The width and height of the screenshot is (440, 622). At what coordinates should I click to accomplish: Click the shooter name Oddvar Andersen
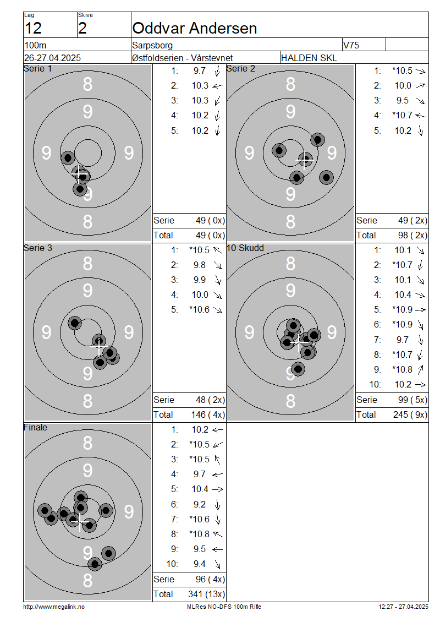tap(195, 28)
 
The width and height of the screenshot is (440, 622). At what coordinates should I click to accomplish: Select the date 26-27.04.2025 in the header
tap(52, 58)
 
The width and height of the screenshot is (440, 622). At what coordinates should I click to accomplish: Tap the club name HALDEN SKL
tap(309, 58)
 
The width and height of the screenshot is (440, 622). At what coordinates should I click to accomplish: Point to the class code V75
tap(351, 45)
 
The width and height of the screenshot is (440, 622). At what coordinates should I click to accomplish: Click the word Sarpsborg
tap(152, 45)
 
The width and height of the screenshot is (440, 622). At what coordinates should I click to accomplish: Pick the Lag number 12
tap(33, 28)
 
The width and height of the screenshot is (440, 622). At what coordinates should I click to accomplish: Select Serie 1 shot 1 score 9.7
tap(200, 70)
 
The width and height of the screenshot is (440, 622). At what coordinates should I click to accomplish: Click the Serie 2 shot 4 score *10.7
tap(403, 116)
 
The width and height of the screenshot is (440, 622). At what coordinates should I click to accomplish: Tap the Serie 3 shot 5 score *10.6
tap(200, 309)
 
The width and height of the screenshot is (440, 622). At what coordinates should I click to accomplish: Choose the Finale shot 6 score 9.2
tap(200, 504)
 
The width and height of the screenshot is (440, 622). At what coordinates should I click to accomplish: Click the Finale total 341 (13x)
tap(206, 594)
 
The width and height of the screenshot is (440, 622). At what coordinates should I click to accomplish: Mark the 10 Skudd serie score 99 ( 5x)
tap(413, 400)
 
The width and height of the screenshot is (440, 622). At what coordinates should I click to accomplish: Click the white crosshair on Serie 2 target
tap(305, 160)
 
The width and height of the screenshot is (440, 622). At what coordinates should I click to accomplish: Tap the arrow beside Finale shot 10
tap(217, 564)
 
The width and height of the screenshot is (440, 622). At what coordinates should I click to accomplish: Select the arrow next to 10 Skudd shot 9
tap(420, 370)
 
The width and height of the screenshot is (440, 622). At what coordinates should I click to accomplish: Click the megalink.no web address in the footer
tap(54, 607)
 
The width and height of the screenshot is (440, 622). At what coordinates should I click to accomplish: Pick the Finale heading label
tap(35, 427)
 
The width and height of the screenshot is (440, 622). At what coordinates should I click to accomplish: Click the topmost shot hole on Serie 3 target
tap(74, 323)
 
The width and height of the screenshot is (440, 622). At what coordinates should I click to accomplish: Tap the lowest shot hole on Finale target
tap(95, 564)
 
